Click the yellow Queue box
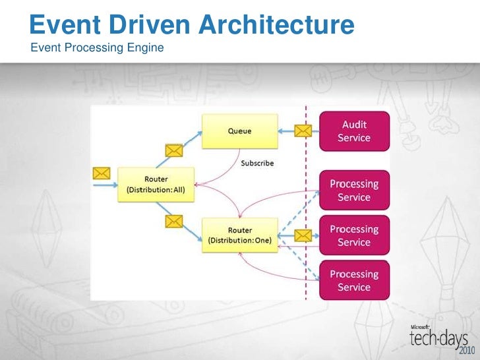(x=239, y=131)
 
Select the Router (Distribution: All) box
(x=156, y=185)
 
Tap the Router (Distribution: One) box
(x=239, y=235)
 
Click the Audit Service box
(x=354, y=131)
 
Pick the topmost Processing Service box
(x=354, y=191)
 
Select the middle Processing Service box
(x=354, y=235)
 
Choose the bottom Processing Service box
(x=354, y=280)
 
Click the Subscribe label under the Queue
(x=257, y=163)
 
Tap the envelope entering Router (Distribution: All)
(x=101, y=173)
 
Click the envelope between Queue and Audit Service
(x=303, y=131)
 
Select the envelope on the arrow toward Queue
(x=173, y=150)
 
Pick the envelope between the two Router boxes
(x=173, y=220)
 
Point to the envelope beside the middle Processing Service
(x=303, y=235)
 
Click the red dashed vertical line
(x=305, y=198)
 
